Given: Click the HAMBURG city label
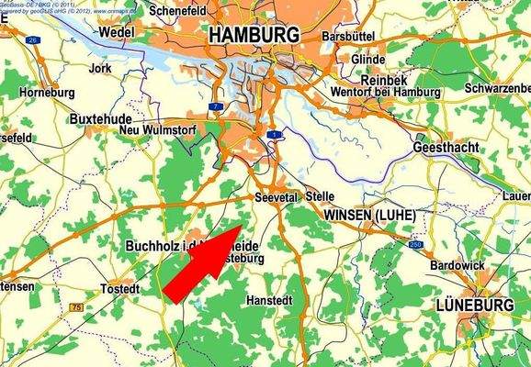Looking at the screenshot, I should point(254,35).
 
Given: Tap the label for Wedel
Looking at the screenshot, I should point(116,31).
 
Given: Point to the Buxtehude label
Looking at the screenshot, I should point(101,120).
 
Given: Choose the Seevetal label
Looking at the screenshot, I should point(277,196).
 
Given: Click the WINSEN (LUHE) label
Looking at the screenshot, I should point(370,215).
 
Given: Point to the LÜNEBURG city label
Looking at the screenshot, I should point(475,304).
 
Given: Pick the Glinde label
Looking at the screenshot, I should point(368,59).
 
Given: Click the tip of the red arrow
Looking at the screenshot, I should point(241,225).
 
